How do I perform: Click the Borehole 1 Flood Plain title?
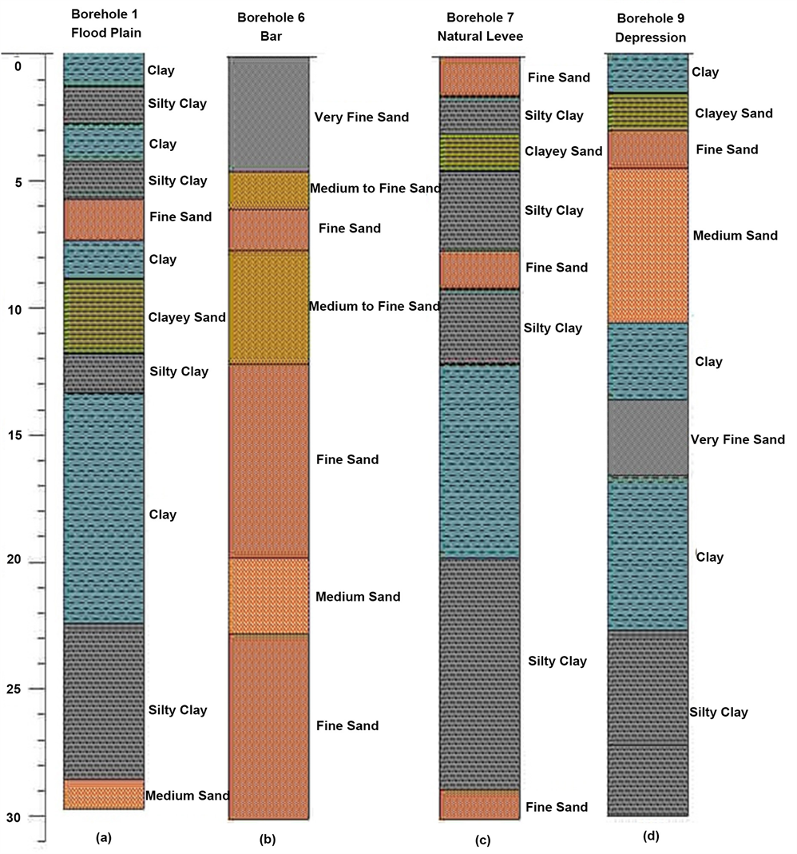104,23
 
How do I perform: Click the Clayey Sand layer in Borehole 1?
104,316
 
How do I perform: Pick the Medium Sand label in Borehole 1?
187,796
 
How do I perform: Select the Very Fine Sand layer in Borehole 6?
268,113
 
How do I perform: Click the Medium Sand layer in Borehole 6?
268,596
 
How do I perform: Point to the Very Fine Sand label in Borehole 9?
737,439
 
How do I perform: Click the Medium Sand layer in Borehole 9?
648,244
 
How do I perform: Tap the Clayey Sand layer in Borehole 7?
480,152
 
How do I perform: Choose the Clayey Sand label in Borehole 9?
733,113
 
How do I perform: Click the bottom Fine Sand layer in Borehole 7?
480,805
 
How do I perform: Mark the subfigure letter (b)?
268,839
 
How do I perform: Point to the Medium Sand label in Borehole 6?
358,597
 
